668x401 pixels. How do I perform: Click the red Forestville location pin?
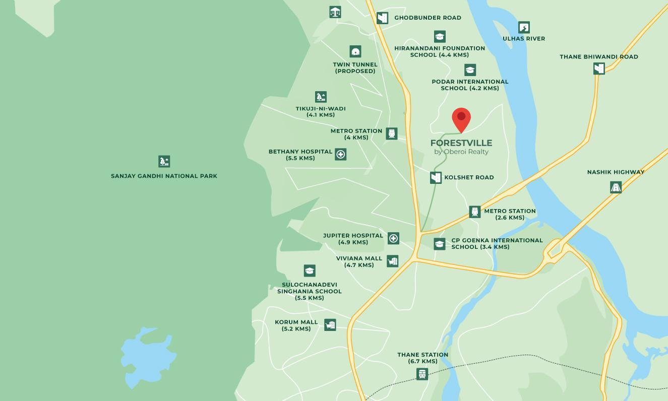pos(461,119)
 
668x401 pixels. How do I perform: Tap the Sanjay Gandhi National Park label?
pos(164,176)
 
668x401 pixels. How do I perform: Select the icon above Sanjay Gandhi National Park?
pos(164,161)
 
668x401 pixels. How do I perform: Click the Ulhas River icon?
pos(524,27)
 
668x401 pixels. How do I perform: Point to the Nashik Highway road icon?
pos(616,187)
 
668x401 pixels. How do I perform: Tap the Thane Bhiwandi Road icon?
pos(599,68)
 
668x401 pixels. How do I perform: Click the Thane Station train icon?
pos(422,374)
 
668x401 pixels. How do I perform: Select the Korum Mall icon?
pos(330,325)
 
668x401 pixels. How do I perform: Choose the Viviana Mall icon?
pos(393,261)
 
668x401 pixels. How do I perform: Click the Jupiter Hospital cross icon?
pos(393,238)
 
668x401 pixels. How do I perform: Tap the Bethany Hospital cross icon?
pos(341,154)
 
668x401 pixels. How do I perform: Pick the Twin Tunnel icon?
pos(355,52)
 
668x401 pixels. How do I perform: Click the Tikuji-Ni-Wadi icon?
pos(321,97)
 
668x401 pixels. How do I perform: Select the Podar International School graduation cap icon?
pos(470,70)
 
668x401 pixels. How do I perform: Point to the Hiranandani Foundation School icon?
pos(440,36)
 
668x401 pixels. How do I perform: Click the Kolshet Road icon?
pos(436,177)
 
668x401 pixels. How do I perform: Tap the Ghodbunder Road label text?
pos(428,18)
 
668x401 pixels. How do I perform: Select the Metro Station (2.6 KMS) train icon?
pos(474,212)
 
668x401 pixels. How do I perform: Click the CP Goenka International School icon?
pos(440,244)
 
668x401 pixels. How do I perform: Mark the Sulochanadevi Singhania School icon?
pos(310,271)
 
